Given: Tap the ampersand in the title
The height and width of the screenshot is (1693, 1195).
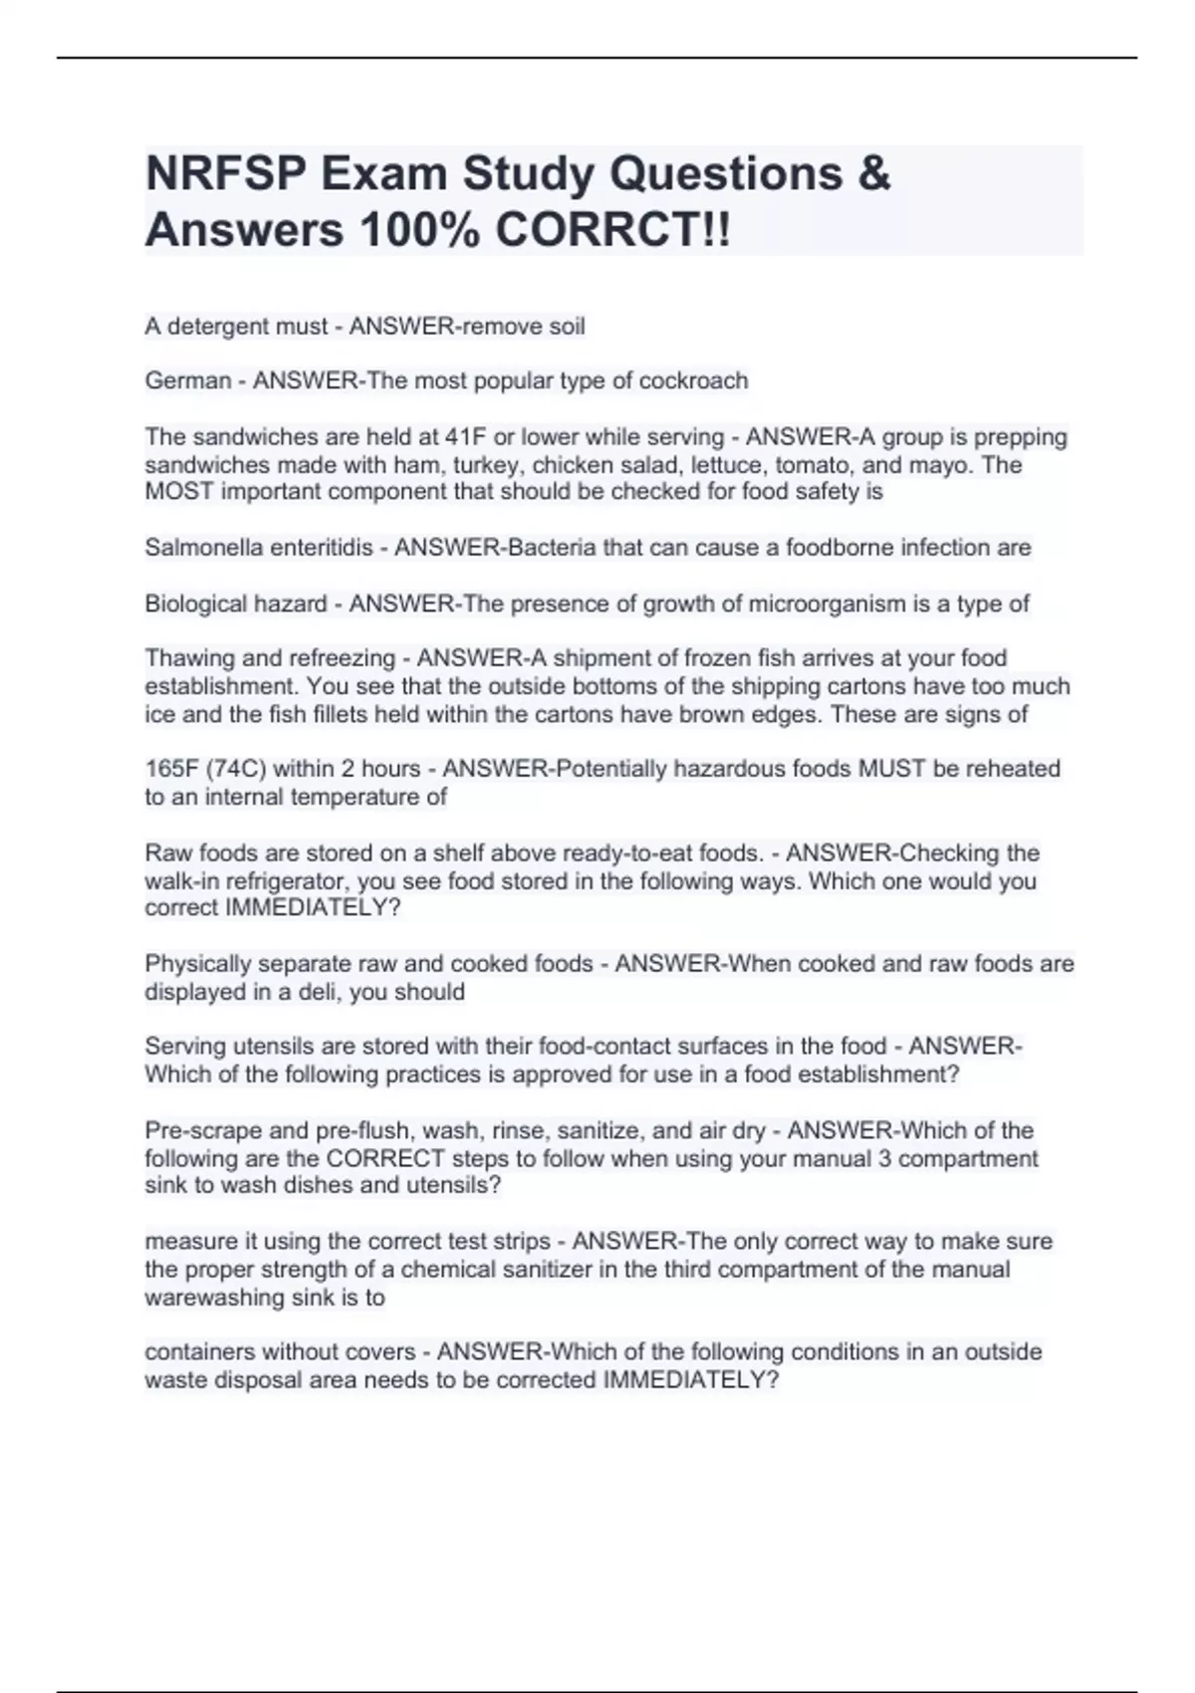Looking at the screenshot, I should point(873,174).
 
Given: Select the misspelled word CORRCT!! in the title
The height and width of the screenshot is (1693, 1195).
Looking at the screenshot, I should point(612,231).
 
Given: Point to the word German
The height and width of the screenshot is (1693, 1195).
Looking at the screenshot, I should point(188,381).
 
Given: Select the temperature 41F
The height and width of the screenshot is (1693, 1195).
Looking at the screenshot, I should point(464,437).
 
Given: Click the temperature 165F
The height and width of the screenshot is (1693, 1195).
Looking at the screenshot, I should point(171,769).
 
